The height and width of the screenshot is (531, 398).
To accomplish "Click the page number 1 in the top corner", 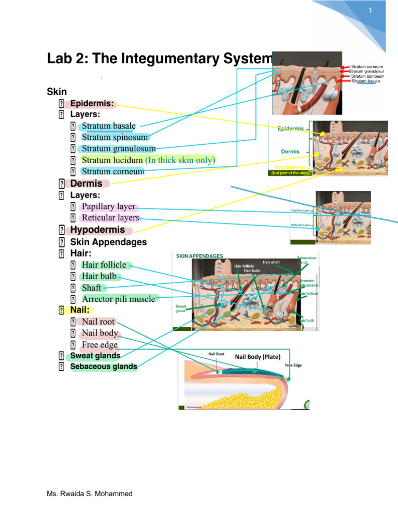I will click(371, 11).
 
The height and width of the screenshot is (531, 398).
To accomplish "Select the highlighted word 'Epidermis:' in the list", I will click(92, 103).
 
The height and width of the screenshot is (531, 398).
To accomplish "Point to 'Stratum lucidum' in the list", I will click(112, 160).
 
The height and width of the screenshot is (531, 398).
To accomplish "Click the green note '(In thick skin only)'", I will click(180, 160).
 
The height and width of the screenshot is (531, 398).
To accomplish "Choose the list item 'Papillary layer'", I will click(108, 206).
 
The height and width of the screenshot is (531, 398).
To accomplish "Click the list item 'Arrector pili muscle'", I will click(118, 299).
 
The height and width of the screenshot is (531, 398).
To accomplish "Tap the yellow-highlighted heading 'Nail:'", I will click(80, 310).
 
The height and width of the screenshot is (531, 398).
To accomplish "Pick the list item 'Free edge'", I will click(99, 345).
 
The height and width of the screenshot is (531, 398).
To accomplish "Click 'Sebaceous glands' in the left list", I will click(104, 367).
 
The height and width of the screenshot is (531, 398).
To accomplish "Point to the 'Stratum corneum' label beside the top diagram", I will click(367, 67).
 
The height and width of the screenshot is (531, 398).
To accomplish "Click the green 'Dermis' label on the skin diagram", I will click(290, 151).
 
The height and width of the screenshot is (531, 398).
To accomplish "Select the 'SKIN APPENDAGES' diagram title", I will click(200, 256).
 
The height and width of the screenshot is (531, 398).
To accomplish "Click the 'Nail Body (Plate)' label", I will click(258, 357).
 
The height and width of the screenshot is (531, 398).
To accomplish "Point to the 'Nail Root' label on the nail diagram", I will click(216, 354).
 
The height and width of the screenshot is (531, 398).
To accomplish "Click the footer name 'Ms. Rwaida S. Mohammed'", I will click(89, 494).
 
